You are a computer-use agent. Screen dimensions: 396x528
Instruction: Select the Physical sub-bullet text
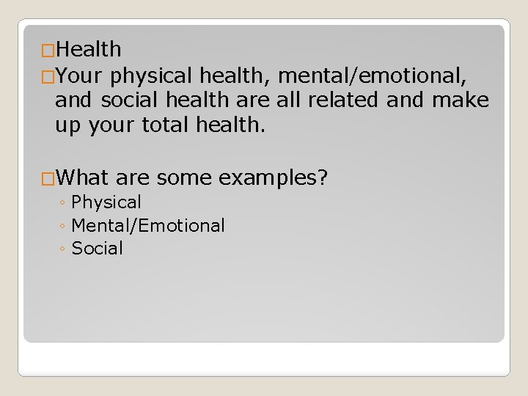(x=106, y=202)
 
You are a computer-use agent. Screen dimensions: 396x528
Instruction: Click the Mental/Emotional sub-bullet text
(x=148, y=225)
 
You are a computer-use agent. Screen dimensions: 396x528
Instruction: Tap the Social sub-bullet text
(x=98, y=249)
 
